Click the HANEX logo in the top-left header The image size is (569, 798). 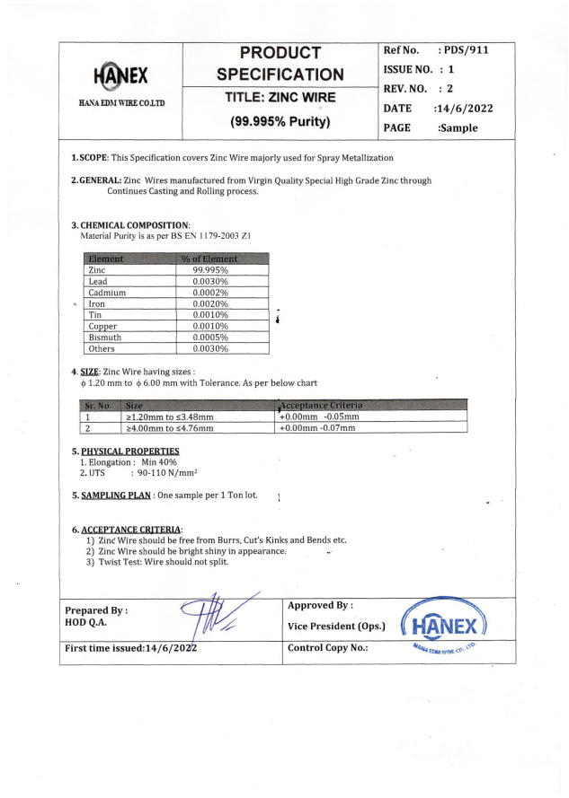pyautogui.click(x=120, y=75)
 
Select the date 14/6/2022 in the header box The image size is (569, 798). pyautogui.click(x=462, y=108)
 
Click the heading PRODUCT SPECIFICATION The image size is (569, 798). pyautogui.click(x=280, y=63)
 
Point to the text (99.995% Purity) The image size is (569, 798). pyautogui.click(x=280, y=120)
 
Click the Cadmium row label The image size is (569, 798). pyautogui.click(x=107, y=293)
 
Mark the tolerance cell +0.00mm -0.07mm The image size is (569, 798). pyautogui.click(x=317, y=428)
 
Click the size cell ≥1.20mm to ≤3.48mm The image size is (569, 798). pyautogui.click(x=170, y=417)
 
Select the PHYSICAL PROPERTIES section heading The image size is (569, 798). pyautogui.click(x=130, y=451)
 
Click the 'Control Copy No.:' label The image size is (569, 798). pyautogui.click(x=331, y=648)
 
